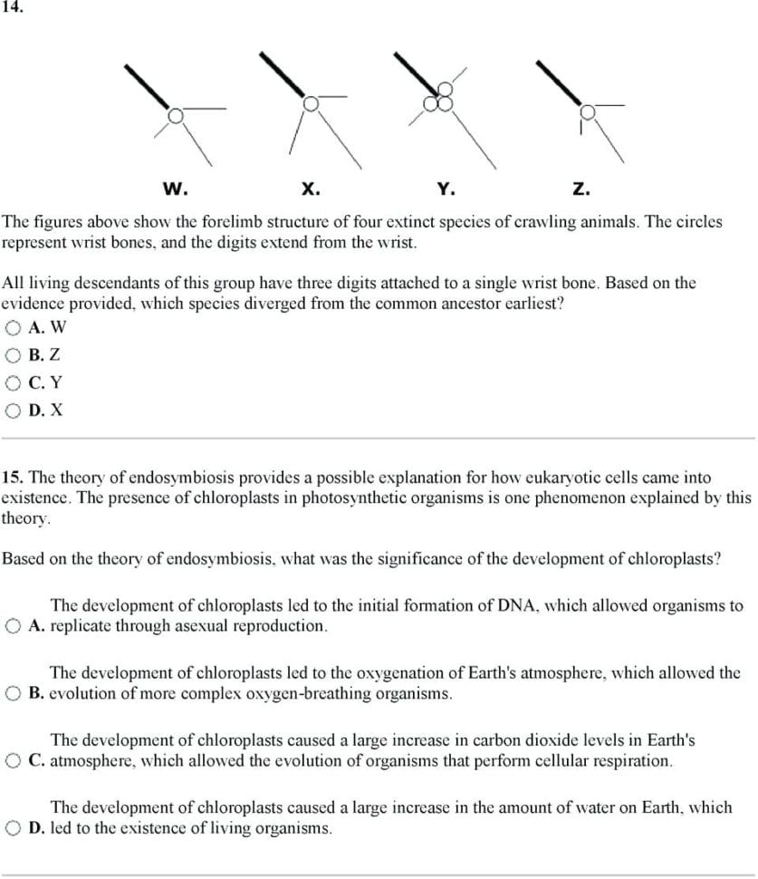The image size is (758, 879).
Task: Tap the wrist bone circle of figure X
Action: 311,102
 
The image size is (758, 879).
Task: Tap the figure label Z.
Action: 580,189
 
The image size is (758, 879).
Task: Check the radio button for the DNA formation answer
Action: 14,626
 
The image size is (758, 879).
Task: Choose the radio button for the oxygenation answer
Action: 14,694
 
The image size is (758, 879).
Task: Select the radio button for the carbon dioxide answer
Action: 14,761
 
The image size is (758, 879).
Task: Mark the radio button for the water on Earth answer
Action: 14,828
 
